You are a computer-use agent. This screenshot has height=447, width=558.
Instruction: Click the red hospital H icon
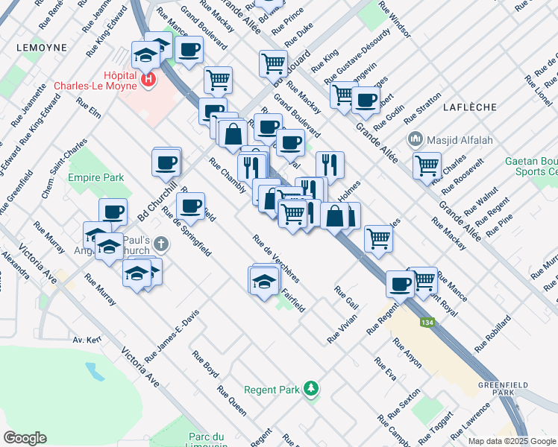click(x=150, y=77)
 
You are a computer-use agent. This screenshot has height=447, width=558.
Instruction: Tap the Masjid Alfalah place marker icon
click(x=415, y=139)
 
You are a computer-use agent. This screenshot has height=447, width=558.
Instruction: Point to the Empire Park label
click(x=95, y=178)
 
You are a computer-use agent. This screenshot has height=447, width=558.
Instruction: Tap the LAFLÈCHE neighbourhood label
click(x=470, y=107)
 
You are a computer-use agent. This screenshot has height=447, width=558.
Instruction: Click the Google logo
click(x=25, y=437)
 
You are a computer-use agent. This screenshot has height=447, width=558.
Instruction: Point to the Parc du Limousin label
click(x=207, y=440)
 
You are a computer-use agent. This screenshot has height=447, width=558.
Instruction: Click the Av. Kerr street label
click(x=87, y=340)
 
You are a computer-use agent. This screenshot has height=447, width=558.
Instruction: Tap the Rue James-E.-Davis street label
click(x=172, y=336)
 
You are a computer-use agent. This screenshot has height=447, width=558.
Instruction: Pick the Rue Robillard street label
click(x=492, y=333)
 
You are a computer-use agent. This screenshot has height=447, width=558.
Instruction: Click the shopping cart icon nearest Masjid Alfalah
click(x=427, y=166)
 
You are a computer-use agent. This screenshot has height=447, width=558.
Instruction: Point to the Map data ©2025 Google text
click(x=510, y=441)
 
